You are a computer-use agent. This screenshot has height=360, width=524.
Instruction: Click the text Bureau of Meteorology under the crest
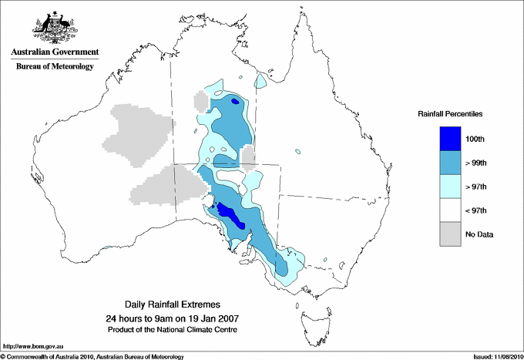point(55,67)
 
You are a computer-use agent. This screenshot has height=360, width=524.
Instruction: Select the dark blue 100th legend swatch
point(451,139)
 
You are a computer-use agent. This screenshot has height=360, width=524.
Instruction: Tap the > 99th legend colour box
point(451,163)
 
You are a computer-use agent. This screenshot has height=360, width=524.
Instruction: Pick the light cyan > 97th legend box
point(451,187)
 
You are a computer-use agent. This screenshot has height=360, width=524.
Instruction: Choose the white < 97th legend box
point(451,210)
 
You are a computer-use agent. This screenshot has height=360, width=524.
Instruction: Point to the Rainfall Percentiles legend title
point(450,113)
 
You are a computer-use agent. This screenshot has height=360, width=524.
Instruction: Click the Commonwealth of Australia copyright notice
point(92,355)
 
